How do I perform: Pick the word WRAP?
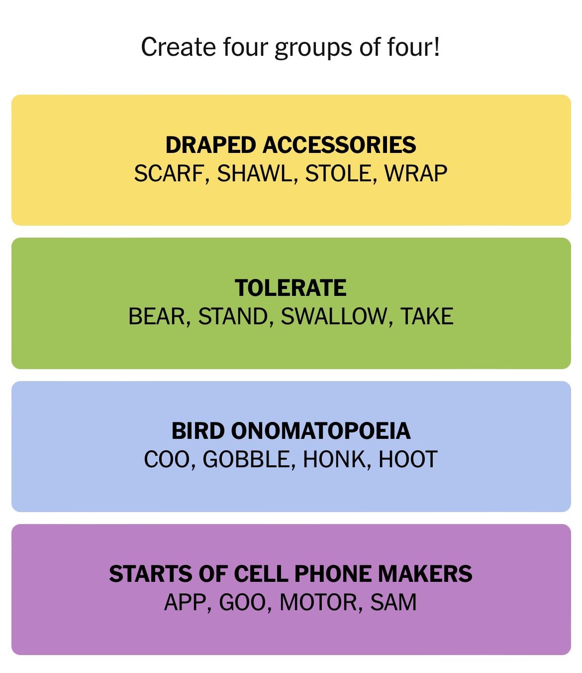point(416,173)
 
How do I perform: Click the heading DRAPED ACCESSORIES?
point(291,145)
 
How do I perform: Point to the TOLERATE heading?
point(291,288)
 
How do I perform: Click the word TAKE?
point(427,316)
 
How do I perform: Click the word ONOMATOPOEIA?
point(320,431)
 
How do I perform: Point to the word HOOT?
point(408,459)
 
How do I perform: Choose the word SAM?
point(393,602)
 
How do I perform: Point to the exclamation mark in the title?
point(437,46)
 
